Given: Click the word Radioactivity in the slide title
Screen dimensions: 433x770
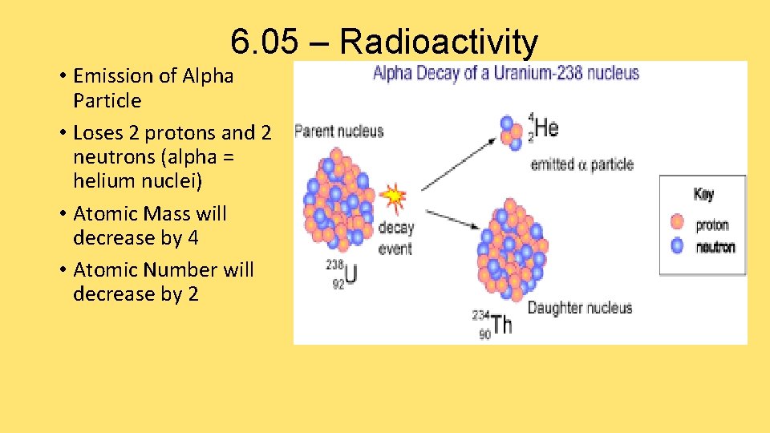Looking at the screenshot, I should (439, 42).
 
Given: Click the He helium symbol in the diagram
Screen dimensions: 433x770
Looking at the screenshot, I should (546, 127).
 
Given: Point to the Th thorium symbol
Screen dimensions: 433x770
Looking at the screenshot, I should (501, 324).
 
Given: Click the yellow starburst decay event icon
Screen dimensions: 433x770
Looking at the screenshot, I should (393, 196).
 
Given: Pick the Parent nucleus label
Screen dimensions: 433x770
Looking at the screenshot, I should (339, 132).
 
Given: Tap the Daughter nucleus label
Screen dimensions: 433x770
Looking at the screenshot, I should (580, 307).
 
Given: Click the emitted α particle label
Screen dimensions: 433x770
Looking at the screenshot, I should (582, 164).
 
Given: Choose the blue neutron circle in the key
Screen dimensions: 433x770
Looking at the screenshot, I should (678, 246).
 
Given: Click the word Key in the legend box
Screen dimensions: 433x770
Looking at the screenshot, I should (703, 194).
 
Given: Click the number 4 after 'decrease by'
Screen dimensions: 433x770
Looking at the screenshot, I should (192, 238).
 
